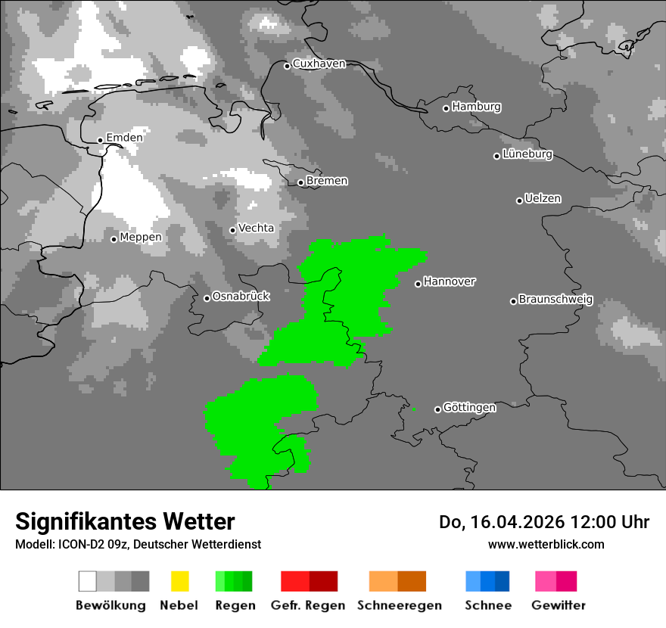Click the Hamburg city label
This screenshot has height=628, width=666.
click(x=476, y=107)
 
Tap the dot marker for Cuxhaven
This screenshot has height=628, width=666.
click(x=287, y=66)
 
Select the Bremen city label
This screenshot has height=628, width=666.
click(x=327, y=181)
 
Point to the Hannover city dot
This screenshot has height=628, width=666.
click(x=418, y=284)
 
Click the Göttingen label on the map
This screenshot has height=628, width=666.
click(x=469, y=408)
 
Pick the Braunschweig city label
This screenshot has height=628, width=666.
click(x=556, y=300)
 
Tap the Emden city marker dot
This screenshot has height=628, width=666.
click(x=100, y=140)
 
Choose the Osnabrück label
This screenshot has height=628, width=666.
click(x=241, y=297)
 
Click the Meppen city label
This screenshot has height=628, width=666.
click(x=141, y=238)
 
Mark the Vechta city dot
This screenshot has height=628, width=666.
click(x=232, y=230)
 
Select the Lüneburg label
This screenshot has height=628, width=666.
click(x=528, y=154)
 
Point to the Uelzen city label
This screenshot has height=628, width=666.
click(x=543, y=199)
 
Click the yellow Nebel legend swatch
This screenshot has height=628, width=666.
click(x=179, y=581)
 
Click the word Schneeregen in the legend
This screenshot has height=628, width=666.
click(x=400, y=605)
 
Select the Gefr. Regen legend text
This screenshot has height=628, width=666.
click(x=308, y=605)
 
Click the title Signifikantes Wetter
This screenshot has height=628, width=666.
click(x=125, y=521)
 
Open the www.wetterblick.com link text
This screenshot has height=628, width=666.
click(x=546, y=544)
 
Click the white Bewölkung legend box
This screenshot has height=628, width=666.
click(x=88, y=581)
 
